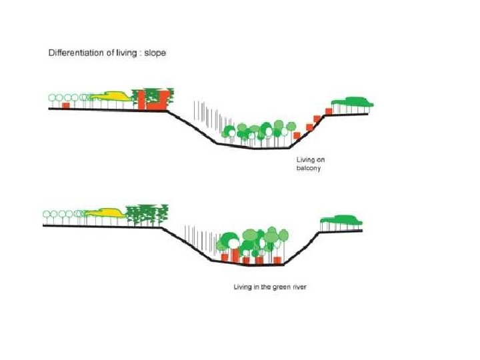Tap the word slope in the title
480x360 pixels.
click(x=152, y=53)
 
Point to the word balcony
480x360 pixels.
click(x=309, y=169)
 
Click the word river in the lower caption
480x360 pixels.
click(x=295, y=287)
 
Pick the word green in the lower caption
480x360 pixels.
click(x=276, y=287)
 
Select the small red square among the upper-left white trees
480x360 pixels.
click(x=66, y=105)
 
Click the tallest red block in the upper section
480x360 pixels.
click(x=151, y=99)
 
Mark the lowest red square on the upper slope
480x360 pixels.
click(x=297, y=135)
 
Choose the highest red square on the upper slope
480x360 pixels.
click(x=328, y=110)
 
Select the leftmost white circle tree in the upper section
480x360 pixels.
click(x=53, y=99)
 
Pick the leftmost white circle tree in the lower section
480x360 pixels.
click(x=47, y=215)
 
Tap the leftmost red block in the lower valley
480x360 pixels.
click(x=225, y=257)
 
